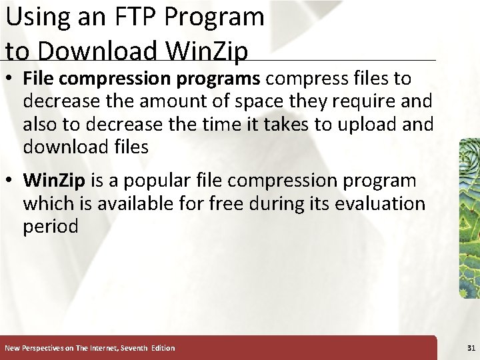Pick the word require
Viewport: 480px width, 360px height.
click(x=362, y=102)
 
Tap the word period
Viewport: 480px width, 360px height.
click(x=51, y=226)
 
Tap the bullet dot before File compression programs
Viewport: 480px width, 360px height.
click(x=10, y=79)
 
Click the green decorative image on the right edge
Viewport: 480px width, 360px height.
click(x=469, y=220)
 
